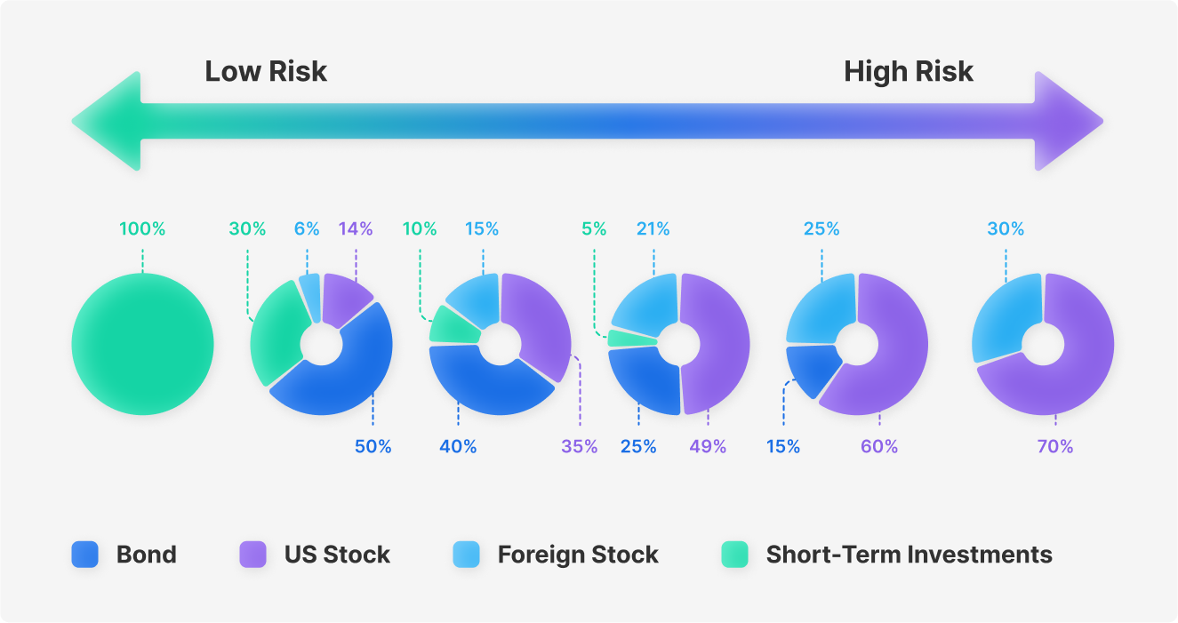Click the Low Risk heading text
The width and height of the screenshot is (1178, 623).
266,71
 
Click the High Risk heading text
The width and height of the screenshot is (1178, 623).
909,72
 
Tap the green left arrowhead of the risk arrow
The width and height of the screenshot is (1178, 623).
108,121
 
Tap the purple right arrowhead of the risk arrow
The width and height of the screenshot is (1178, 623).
1069,121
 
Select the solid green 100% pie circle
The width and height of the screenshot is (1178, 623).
142,344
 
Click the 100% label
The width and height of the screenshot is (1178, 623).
142,228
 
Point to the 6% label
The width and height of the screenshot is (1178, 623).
307,228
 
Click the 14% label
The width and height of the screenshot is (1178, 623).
356,228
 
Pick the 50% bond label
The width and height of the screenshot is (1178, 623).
373,446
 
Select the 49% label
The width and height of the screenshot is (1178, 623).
708,446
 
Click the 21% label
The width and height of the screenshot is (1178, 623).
653,228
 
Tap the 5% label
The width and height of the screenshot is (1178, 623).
594,228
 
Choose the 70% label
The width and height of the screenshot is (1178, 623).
1055,446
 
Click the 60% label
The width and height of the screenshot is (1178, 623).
879,446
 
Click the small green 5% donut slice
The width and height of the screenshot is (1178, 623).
631,338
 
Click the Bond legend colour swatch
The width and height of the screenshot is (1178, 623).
84,555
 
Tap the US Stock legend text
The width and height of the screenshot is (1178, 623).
337,555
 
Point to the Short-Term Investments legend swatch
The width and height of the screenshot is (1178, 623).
734,555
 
